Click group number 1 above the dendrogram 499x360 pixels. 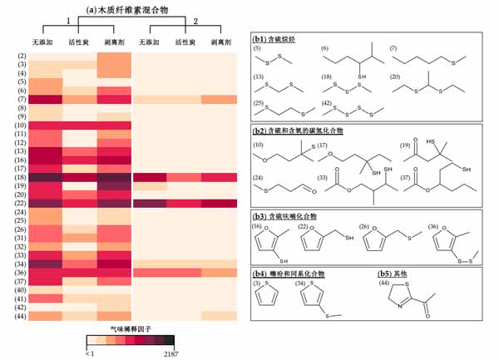click(68, 20)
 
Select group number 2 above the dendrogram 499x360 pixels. click(195, 20)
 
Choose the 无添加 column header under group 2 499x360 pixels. click(150, 42)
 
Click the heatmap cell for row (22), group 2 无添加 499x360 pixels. click(150, 203)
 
